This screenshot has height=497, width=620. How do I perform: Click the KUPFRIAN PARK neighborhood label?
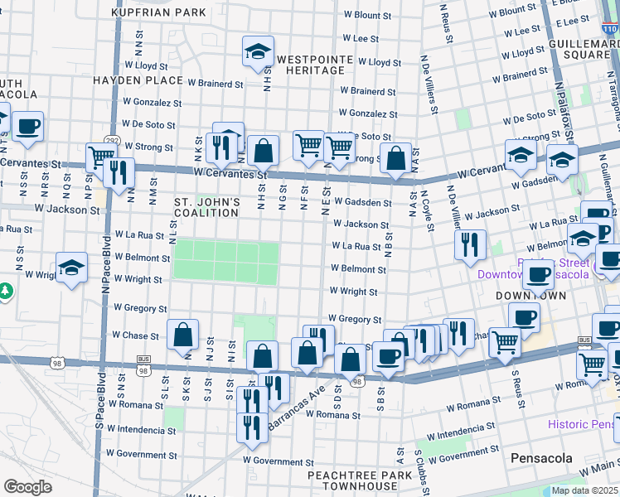[x=159, y=13]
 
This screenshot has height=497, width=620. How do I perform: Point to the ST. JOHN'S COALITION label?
[x=207, y=207]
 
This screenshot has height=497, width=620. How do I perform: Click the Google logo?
[x=27, y=486]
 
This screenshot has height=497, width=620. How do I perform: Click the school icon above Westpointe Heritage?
[x=258, y=51]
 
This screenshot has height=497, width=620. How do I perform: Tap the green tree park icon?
[x=6, y=292]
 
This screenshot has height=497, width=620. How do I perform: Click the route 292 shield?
[x=109, y=140]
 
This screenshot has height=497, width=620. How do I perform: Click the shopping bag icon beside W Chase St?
[x=182, y=335]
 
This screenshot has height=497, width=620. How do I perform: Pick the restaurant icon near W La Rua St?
[x=470, y=244]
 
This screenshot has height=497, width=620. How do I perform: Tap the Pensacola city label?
[x=537, y=458]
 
